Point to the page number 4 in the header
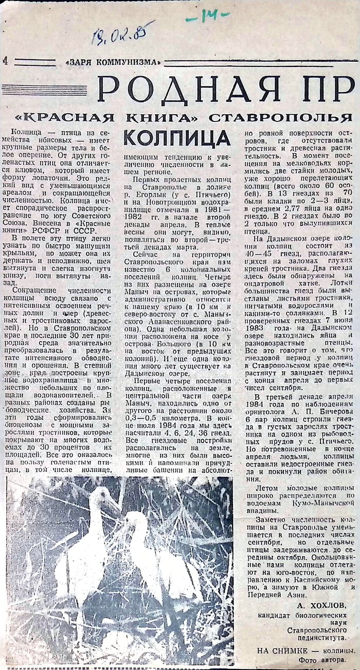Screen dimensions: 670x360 (x=5, y=61)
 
